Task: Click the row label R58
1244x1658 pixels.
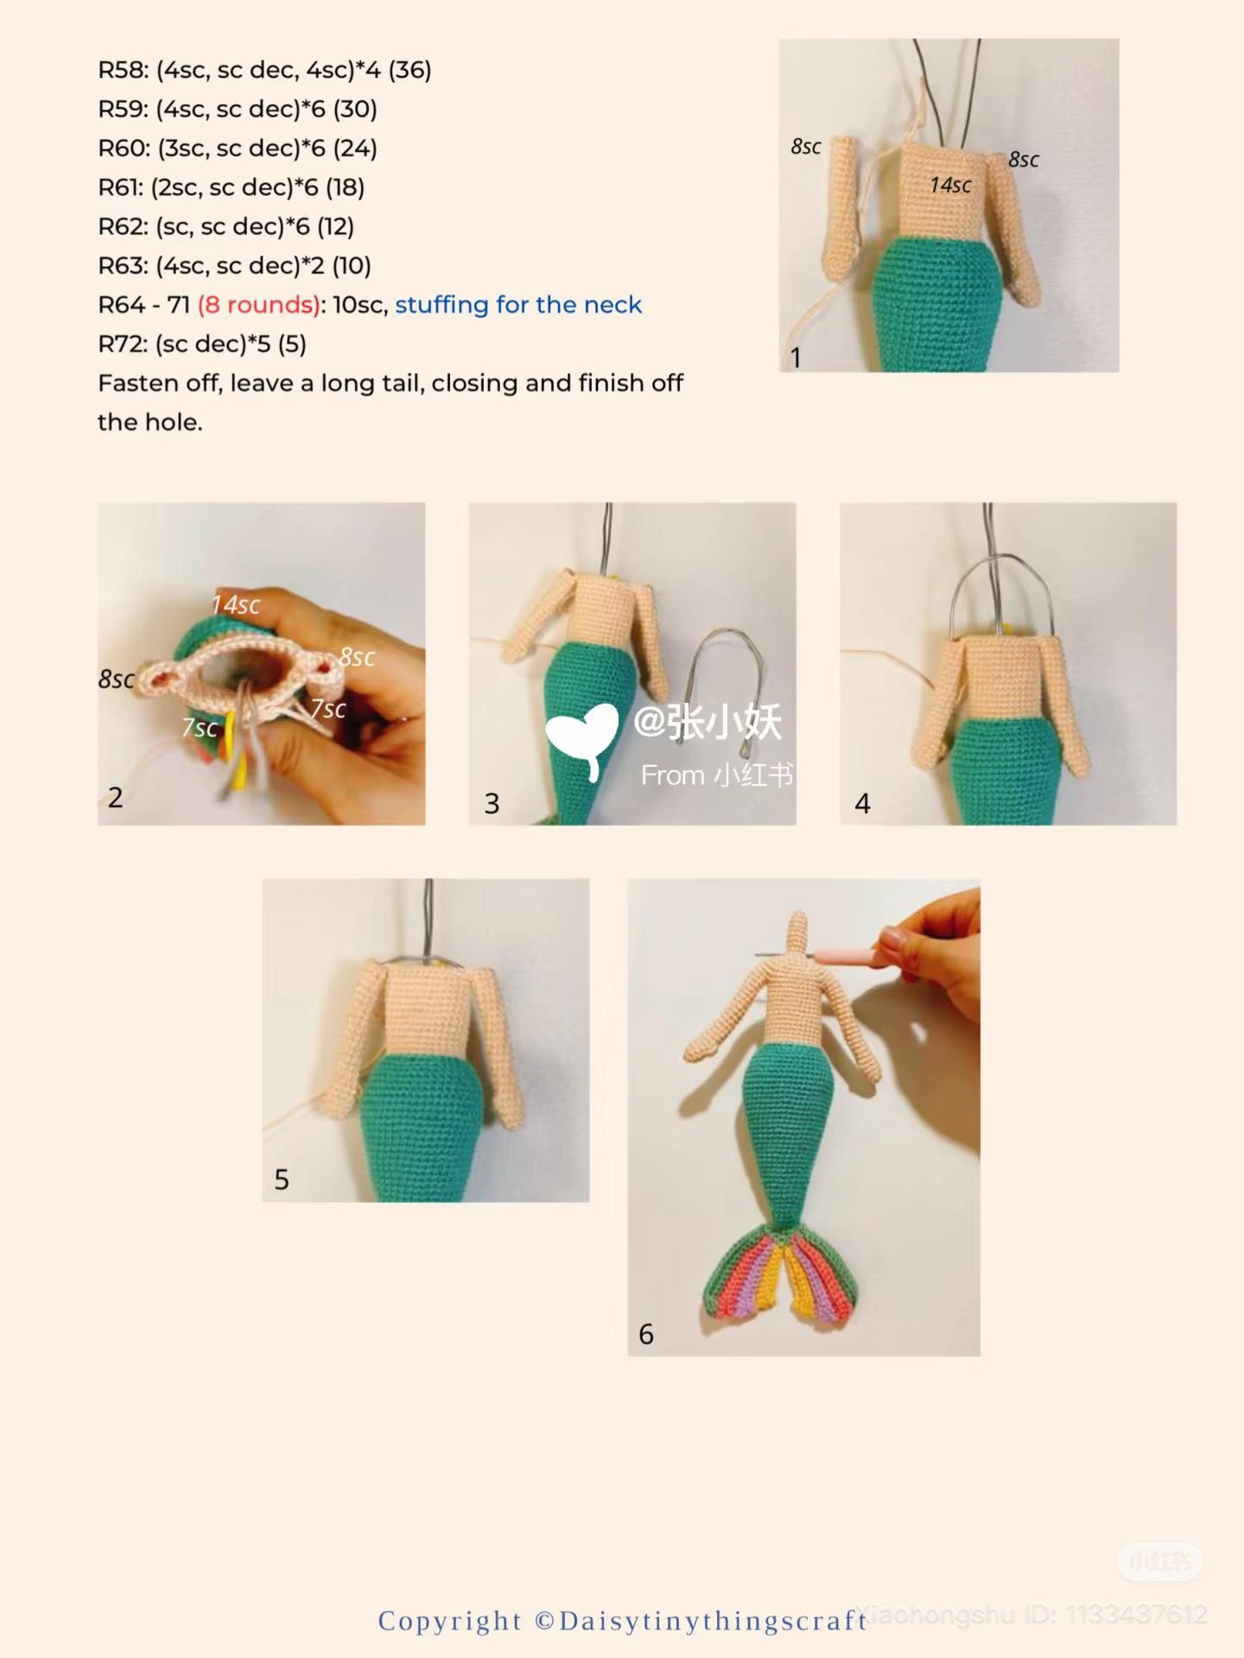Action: tap(123, 70)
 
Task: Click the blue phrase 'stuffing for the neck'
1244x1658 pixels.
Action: tap(518, 305)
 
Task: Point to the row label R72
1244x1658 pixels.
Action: tap(123, 344)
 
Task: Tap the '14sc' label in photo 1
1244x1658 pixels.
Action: tap(950, 185)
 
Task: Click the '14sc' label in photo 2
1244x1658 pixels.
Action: tap(236, 604)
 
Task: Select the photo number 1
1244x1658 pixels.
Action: tap(796, 358)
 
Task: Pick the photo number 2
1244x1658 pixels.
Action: tap(116, 797)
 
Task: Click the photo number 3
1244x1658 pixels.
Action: tap(492, 804)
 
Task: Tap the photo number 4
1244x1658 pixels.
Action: tap(862, 804)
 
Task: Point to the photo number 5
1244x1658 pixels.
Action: tap(282, 1180)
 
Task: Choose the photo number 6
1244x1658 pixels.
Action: tap(646, 1334)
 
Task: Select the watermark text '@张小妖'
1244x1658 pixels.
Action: tap(708, 722)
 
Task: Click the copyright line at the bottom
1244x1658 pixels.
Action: tap(622, 1621)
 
